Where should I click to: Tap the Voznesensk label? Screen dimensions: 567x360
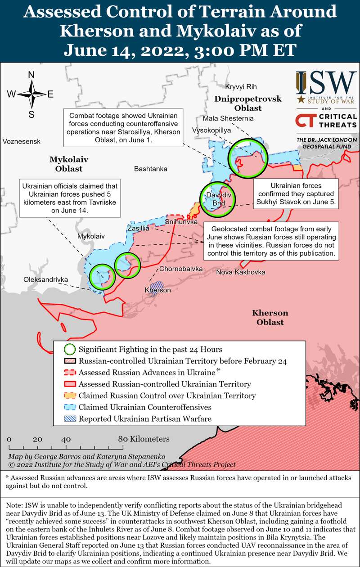(x=21, y=141)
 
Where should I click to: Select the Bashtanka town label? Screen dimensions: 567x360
(x=150, y=169)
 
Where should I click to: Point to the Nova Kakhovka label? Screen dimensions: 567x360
(x=240, y=272)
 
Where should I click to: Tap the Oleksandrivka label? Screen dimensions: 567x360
(x=46, y=280)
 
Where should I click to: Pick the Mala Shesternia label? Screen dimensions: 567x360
(x=228, y=118)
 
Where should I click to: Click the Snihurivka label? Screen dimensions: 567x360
(x=180, y=222)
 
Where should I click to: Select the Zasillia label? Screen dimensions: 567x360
(x=137, y=229)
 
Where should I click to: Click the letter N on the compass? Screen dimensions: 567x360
(x=31, y=75)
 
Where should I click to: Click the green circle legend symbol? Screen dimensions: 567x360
(x=69, y=349)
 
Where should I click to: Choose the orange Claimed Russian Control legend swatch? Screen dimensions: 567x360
(x=69, y=396)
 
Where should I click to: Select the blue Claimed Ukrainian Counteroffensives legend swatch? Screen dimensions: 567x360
(x=69, y=407)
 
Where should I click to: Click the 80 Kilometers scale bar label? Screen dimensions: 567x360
(x=144, y=439)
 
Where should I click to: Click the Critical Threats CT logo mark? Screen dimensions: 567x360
(x=304, y=121)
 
